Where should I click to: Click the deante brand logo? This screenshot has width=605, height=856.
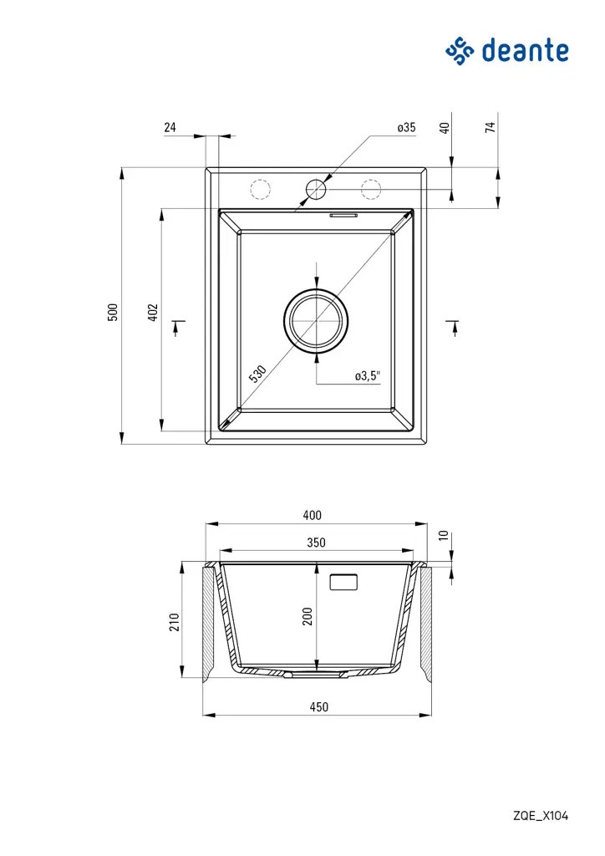507,51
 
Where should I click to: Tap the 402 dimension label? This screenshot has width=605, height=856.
153,312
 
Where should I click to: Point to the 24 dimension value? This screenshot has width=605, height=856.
170,128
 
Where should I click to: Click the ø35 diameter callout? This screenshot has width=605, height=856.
406,128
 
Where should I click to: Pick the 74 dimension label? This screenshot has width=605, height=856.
491,127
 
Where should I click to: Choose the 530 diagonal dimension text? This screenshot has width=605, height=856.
258,374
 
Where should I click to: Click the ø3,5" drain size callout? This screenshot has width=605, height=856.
368,376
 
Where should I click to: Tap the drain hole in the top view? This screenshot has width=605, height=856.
317,320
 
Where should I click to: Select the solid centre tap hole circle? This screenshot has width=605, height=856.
316,190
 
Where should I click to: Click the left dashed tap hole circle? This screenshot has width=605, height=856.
261,190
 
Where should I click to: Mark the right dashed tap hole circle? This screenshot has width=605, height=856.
371,190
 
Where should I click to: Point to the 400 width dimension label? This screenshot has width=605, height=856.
312,516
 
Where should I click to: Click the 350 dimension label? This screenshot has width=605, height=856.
316,543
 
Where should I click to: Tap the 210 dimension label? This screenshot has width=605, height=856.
175,622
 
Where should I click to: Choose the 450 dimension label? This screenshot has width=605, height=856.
318,706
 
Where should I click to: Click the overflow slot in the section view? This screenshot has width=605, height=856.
344,582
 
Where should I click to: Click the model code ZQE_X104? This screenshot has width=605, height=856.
541,816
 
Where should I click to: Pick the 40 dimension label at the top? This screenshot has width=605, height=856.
445,128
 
